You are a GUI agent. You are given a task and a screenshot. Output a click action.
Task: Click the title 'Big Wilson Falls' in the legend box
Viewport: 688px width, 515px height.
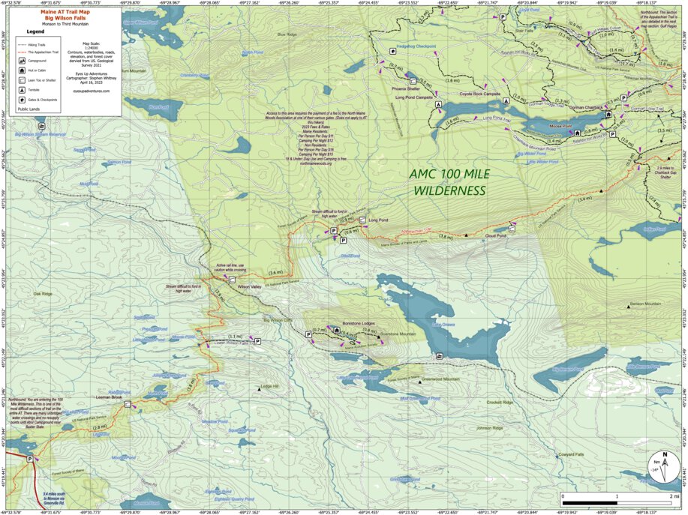click(x=63, y=17)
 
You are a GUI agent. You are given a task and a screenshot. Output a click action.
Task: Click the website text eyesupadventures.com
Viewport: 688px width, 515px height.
click(x=92, y=91)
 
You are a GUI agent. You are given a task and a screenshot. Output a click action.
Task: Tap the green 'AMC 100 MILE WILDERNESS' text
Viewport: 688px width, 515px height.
click(x=449, y=182)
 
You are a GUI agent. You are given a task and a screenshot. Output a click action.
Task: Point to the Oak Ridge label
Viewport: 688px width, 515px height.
click(x=44, y=294)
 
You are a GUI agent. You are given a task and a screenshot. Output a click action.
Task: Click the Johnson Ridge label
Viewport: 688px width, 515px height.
click(x=488, y=428)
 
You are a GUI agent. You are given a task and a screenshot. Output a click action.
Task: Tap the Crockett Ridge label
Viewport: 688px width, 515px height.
click(x=499, y=403)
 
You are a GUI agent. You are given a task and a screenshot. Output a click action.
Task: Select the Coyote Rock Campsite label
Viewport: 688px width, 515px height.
click(x=480, y=94)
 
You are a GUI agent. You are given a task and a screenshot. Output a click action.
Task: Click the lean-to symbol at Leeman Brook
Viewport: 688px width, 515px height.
click(x=128, y=403)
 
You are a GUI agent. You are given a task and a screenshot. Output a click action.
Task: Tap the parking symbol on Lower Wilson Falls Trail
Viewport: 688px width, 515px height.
click(x=257, y=340)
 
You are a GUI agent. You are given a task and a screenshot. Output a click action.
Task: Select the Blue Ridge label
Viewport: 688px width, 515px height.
click(x=287, y=34)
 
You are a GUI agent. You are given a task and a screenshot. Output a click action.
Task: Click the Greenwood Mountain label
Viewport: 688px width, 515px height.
click(x=440, y=379)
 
